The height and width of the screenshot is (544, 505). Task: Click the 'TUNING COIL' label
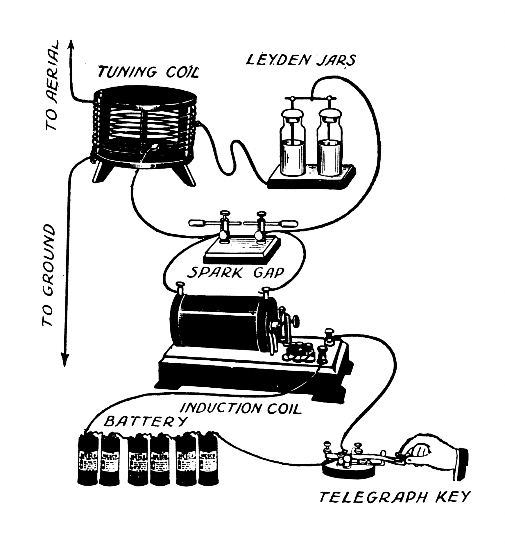click(x=148, y=72)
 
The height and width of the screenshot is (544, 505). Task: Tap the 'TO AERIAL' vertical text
click(x=53, y=86)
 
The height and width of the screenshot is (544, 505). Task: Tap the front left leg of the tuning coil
click(x=100, y=171)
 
